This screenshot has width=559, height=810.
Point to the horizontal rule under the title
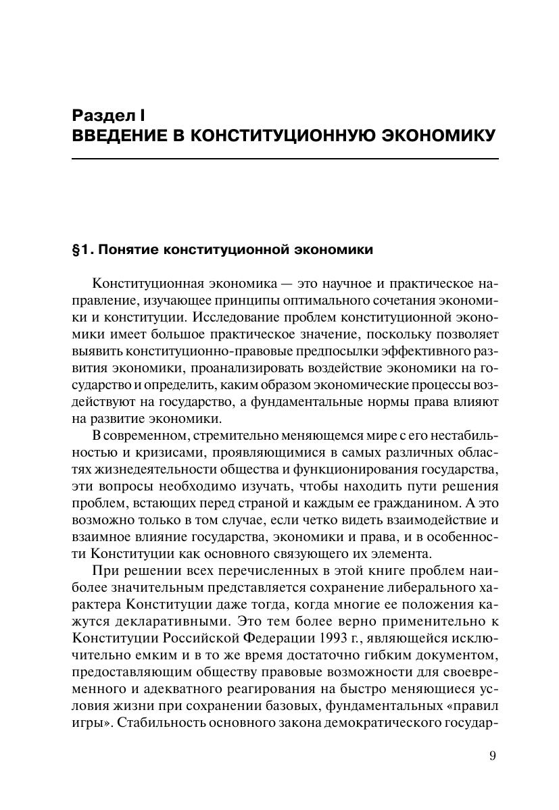(x=285, y=159)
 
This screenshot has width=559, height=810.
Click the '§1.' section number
(x=82, y=250)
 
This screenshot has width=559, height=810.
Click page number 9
(x=492, y=755)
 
